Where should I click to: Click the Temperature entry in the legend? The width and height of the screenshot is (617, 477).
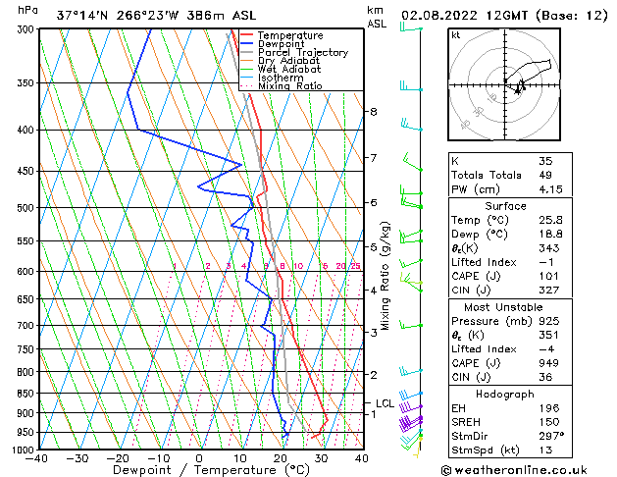(x=291, y=36)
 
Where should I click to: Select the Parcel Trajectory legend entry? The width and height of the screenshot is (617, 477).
(x=302, y=53)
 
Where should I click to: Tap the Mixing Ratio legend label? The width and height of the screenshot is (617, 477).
(x=289, y=85)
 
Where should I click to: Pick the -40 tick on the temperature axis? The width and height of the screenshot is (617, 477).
(x=37, y=458)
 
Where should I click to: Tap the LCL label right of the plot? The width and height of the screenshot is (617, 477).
(x=386, y=403)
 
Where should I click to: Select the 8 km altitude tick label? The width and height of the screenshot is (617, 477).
(x=374, y=112)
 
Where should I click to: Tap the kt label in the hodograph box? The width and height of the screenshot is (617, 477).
(x=456, y=34)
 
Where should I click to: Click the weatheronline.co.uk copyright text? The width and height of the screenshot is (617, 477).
(x=530, y=469)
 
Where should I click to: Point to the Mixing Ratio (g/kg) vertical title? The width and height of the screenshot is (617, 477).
(x=386, y=276)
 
